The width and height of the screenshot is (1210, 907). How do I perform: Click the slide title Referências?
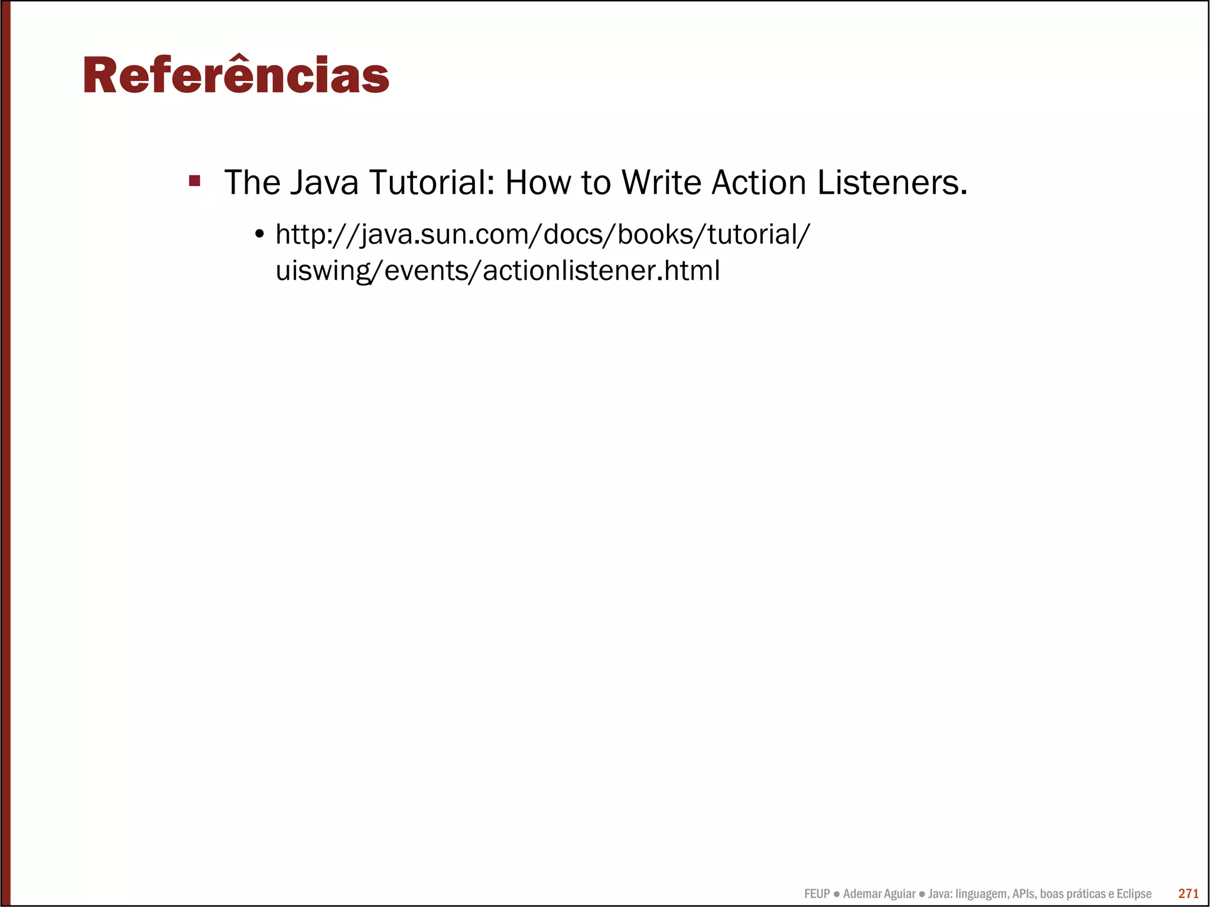(x=236, y=76)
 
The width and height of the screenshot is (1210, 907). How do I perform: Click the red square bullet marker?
(x=194, y=181)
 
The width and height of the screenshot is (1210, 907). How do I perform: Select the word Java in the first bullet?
(x=324, y=183)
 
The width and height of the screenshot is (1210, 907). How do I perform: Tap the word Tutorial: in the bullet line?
(x=432, y=183)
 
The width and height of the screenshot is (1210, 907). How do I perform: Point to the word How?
(x=538, y=183)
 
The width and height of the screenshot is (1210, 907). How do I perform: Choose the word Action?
(x=759, y=183)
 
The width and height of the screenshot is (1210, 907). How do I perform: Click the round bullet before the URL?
(x=259, y=235)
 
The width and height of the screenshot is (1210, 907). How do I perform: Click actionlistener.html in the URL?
(x=601, y=271)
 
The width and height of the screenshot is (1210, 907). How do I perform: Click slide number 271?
(x=1188, y=893)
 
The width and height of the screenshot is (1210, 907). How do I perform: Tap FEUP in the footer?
(x=817, y=894)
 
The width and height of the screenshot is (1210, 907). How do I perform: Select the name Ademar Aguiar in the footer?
(x=879, y=894)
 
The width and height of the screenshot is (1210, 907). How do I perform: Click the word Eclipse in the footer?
(x=1134, y=894)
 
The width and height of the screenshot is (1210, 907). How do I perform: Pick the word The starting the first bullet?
(x=252, y=183)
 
